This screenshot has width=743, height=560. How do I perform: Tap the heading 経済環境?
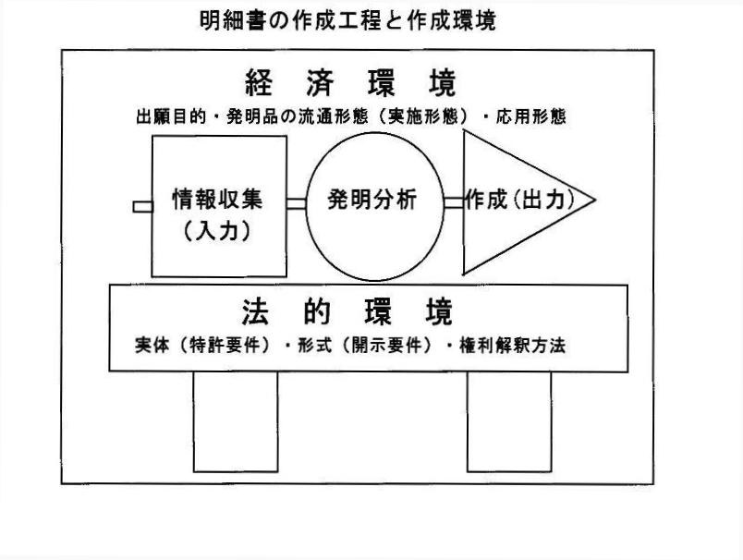click(349, 85)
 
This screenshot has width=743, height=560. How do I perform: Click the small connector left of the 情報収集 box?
click(143, 206)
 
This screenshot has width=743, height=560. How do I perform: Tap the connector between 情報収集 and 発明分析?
click(296, 203)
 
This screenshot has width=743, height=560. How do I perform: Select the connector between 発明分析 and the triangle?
click(453, 202)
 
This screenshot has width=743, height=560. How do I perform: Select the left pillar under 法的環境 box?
click(235, 421)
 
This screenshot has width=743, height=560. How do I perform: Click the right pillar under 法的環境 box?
click(508, 421)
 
